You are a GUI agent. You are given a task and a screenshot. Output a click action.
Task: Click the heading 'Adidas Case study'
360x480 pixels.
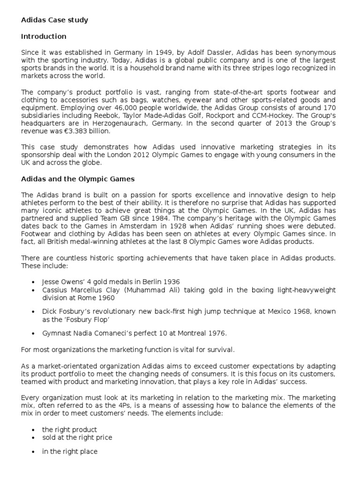(54, 20)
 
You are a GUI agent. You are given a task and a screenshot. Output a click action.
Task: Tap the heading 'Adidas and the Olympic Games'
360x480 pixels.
(78, 179)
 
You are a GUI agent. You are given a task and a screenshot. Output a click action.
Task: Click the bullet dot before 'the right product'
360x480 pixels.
(32, 429)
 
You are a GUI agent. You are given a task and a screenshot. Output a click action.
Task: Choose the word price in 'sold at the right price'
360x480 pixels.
(103, 437)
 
